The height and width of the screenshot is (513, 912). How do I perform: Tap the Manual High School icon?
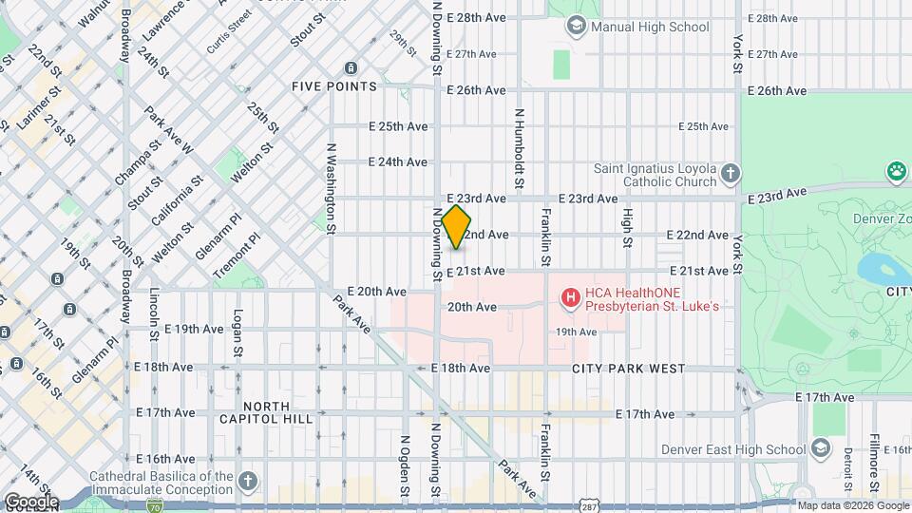tap(576, 27)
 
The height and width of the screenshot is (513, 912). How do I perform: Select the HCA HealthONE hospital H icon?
tap(570, 299)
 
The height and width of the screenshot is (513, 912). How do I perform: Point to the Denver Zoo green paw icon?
tap(895, 172)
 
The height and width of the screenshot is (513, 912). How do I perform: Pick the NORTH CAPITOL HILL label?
tap(253, 412)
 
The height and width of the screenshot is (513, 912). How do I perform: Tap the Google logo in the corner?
tap(30, 501)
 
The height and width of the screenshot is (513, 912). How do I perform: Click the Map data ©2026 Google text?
tap(852, 505)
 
